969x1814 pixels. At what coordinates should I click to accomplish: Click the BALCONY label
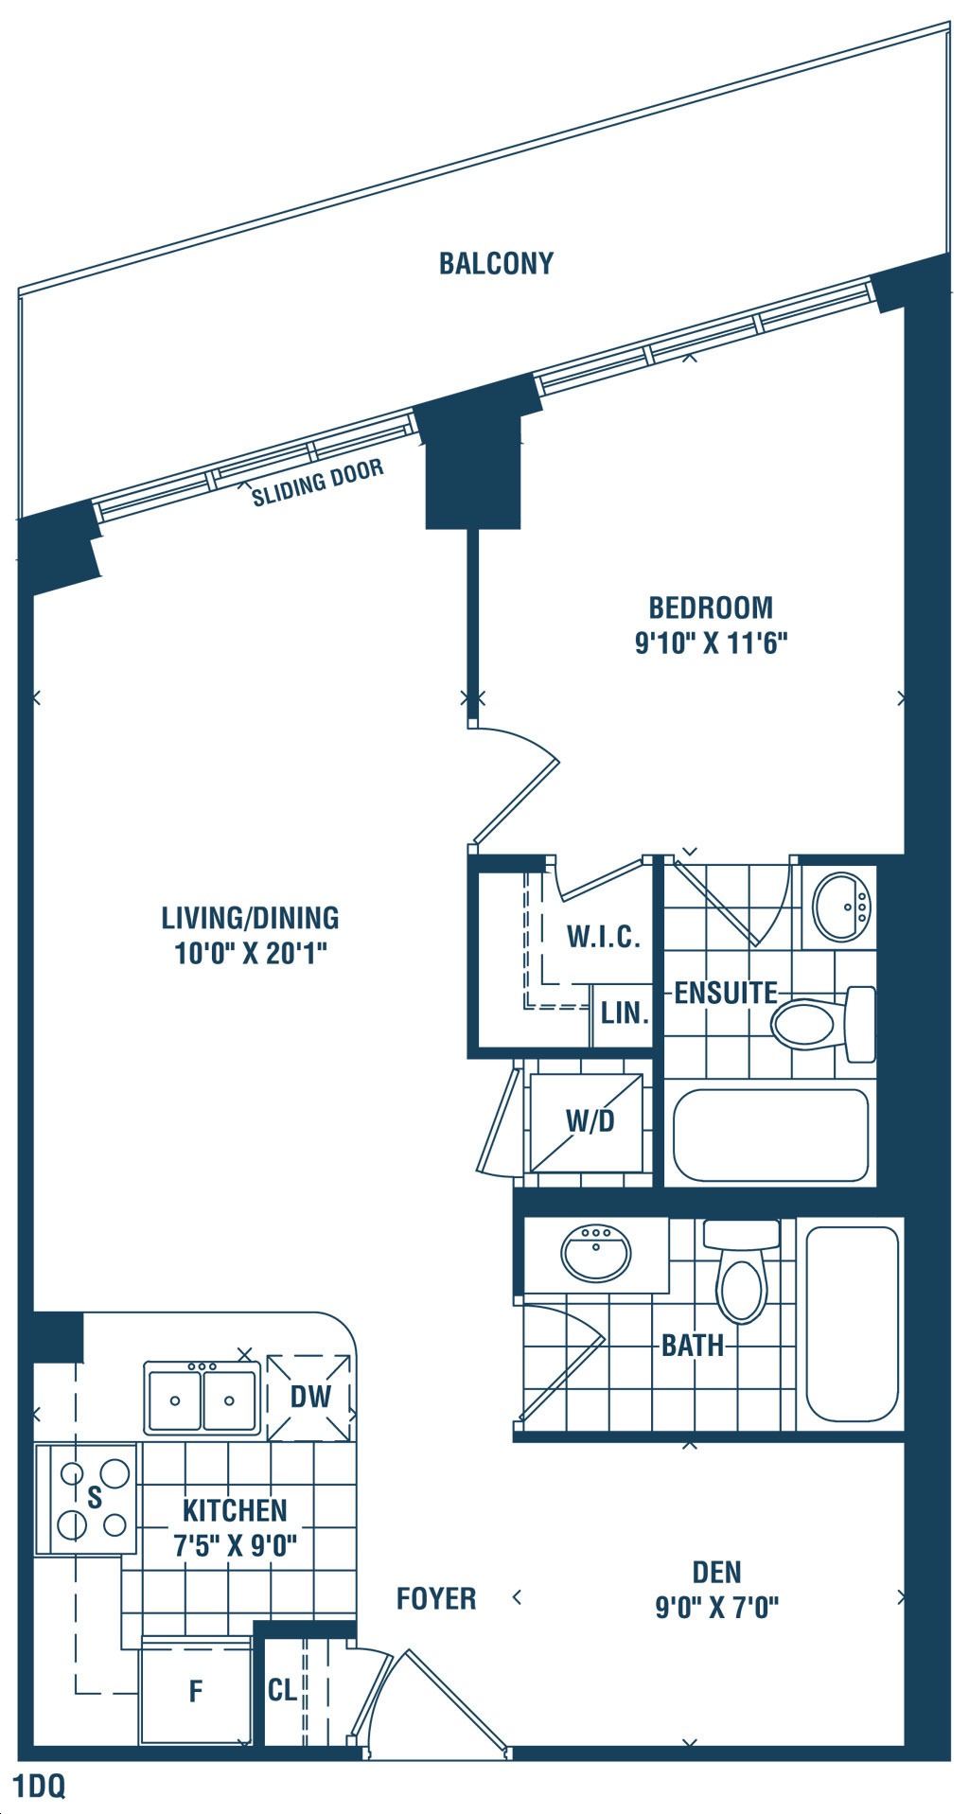click(x=496, y=263)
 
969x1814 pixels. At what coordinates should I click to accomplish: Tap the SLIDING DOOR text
click(x=318, y=483)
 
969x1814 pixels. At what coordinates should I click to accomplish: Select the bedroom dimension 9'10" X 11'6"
click(x=712, y=643)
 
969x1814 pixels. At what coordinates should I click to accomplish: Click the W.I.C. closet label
click(x=604, y=937)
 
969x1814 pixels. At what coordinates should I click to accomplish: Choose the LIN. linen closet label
click(x=625, y=1013)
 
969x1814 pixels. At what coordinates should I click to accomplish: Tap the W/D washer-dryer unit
click(x=587, y=1122)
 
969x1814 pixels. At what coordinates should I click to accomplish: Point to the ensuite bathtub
click(x=770, y=1135)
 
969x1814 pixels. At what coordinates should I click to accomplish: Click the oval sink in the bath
click(x=596, y=1254)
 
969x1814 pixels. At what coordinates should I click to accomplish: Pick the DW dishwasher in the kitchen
click(x=309, y=1397)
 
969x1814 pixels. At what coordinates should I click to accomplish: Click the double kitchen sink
click(x=202, y=1397)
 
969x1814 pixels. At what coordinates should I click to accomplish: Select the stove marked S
click(x=86, y=1498)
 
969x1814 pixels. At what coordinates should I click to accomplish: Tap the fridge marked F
click(x=196, y=1690)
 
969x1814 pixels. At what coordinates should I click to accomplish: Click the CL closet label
click(x=282, y=1689)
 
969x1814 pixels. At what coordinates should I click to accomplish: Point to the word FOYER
click(x=436, y=1598)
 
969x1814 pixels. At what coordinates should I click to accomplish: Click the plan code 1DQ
click(x=40, y=1787)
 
